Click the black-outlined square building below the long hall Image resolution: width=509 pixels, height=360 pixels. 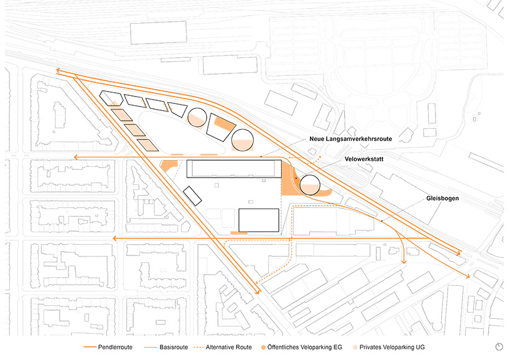coord(258,220)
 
